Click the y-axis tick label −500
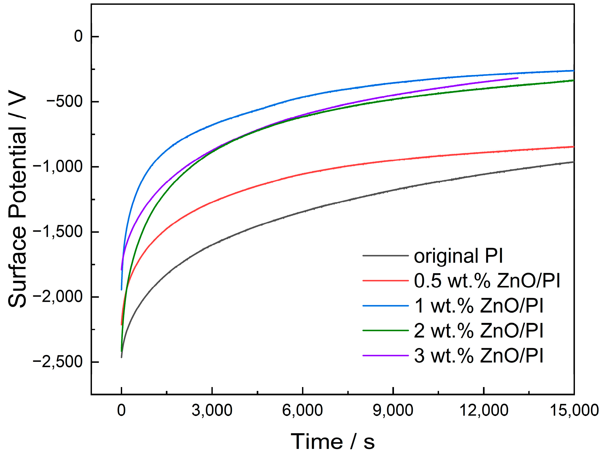[x=64, y=102]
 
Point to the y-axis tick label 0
[x=78, y=36]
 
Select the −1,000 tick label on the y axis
[x=57, y=167]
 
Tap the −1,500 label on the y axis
[x=57, y=232]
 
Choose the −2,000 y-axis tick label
[x=57, y=297]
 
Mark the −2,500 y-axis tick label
[x=57, y=362]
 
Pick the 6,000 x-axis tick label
[x=302, y=410]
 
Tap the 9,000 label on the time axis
[x=393, y=410]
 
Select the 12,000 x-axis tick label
[x=484, y=410]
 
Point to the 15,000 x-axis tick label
[x=574, y=410]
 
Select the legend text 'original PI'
[x=458, y=256]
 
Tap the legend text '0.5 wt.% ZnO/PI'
[x=487, y=281]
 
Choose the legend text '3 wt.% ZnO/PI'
[x=479, y=356]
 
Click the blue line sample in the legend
[x=385, y=306]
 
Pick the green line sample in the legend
[x=385, y=330]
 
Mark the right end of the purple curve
[x=518, y=78]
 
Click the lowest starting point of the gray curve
[x=122, y=357]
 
